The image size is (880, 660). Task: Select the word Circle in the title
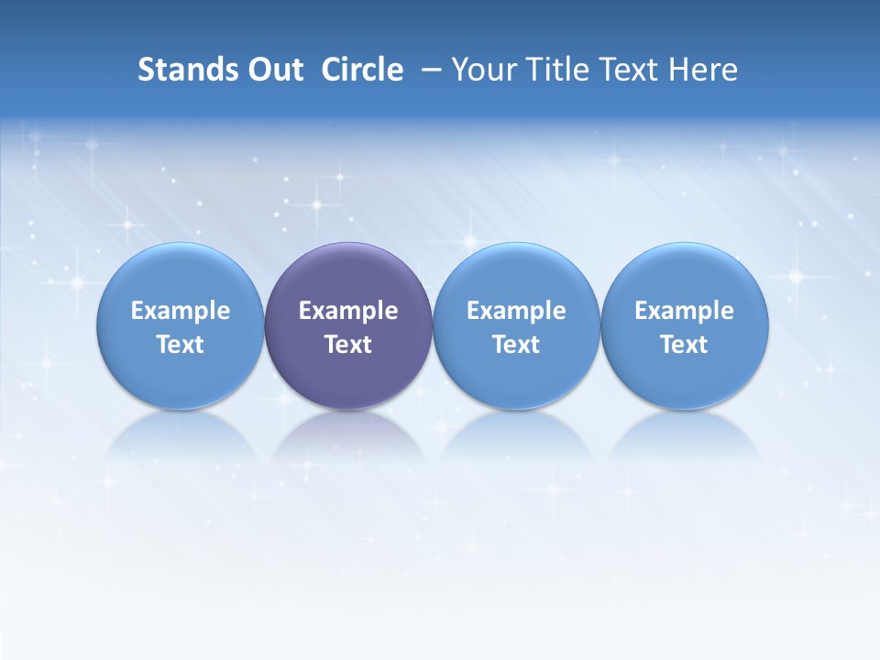[362, 70]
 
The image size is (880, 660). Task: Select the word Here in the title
[703, 70]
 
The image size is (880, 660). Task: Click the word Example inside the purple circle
[348, 311]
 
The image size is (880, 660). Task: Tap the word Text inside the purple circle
[348, 345]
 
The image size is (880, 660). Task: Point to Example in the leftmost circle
[181, 311]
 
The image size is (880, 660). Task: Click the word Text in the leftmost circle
[181, 345]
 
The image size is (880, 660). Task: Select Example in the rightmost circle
[685, 311]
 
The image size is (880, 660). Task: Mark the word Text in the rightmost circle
[685, 345]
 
